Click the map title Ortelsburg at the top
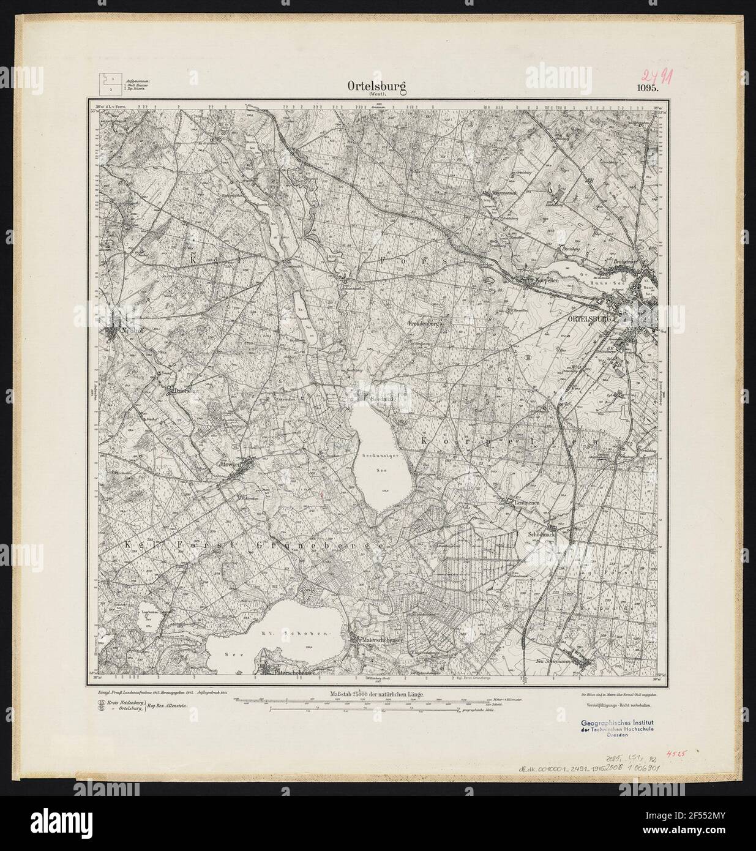377,88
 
